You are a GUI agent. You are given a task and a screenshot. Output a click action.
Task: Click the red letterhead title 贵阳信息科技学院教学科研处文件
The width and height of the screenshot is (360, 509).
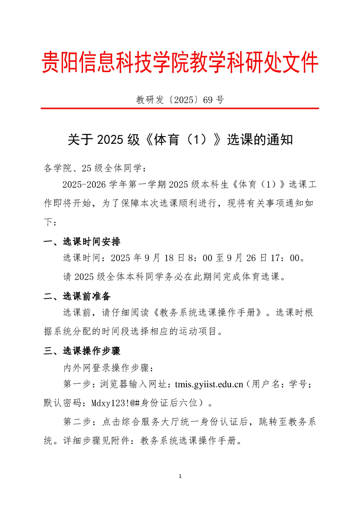180,63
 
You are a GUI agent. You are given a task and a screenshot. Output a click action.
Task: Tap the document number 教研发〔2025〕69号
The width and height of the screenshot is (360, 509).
180,100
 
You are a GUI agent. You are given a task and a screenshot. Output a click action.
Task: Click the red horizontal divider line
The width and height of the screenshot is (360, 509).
180,108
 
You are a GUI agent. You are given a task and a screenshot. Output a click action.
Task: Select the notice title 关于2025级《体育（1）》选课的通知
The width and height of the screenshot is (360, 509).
180,139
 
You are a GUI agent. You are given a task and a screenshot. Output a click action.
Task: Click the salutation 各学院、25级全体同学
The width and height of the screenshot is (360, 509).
93,169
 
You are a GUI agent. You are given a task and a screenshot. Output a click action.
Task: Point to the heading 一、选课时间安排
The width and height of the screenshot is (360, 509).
82,241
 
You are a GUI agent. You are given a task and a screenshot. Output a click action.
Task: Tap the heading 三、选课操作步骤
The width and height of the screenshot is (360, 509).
82,351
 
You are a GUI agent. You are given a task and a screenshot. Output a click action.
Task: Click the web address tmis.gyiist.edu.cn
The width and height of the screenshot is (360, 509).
206,385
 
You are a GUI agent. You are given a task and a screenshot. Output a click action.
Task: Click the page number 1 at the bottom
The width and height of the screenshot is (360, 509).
180,476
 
